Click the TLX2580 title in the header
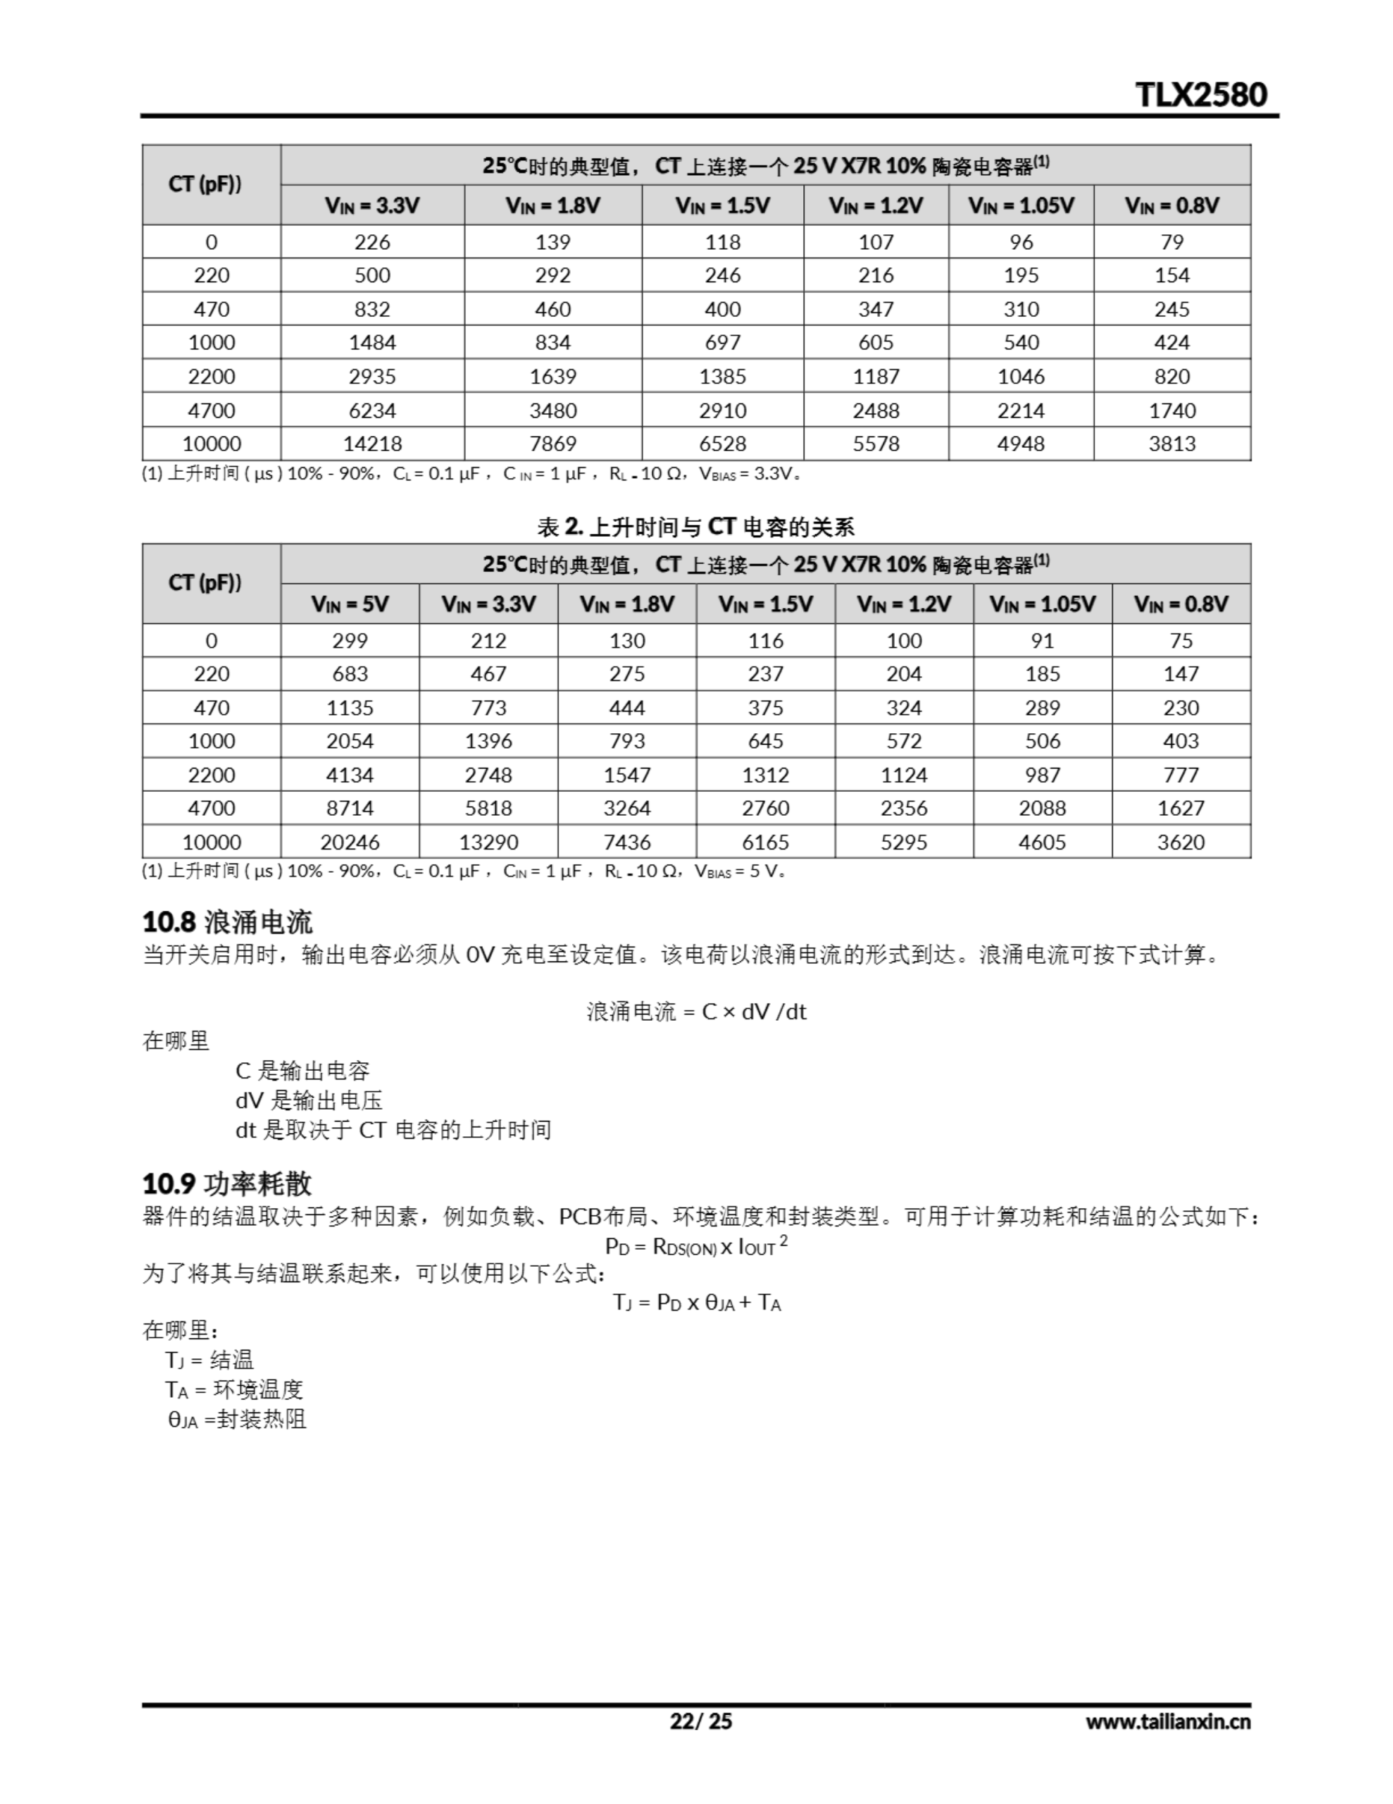pos(1201,94)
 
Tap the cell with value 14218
pos(372,443)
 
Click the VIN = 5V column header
pos(349,604)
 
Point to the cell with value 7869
pos(552,443)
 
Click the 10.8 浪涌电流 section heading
pos(228,922)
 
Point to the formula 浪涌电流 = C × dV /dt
pos(696,1011)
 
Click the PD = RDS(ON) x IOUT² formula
pos(696,1246)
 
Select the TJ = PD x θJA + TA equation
pos(696,1302)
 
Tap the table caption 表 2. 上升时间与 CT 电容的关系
pos(695,526)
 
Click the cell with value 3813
pos(1172,443)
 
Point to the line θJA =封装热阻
pos(237,1419)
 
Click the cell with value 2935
pos(372,377)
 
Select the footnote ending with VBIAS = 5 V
pos(463,870)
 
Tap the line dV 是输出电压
pos(309,1100)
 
